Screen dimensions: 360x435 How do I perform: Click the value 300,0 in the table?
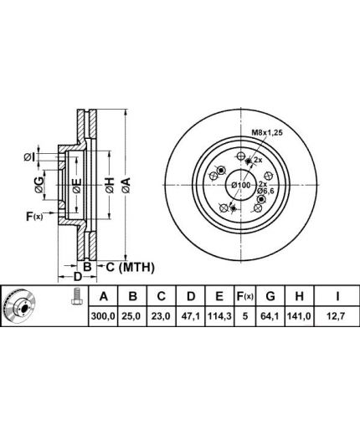(x=103, y=316)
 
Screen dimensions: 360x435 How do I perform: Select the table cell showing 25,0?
(x=132, y=316)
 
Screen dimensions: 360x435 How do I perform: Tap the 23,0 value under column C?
(x=161, y=316)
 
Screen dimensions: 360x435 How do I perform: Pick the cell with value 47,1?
(x=190, y=316)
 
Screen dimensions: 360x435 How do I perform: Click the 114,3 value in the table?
(x=219, y=316)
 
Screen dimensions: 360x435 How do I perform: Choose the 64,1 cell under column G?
(x=270, y=316)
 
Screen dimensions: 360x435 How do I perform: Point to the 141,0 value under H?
(x=299, y=316)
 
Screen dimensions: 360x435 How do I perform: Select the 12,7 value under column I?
(x=337, y=316)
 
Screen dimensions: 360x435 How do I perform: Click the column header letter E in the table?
(x=219, y=296)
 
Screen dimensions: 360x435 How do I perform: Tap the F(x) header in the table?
(x=245, y=296)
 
